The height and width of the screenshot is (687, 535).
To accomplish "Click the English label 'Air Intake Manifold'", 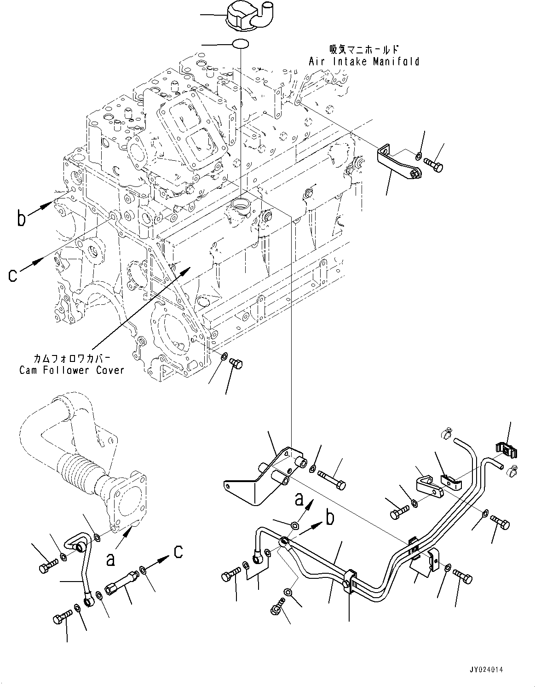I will coord(364,61).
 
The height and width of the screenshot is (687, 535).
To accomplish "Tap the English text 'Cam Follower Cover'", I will coord(72,370).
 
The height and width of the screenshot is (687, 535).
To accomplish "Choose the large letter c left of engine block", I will coord(14,275).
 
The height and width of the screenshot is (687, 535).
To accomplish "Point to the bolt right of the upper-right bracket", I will coord(434,164).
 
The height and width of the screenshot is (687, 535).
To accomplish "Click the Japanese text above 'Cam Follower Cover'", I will coord(72,358).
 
